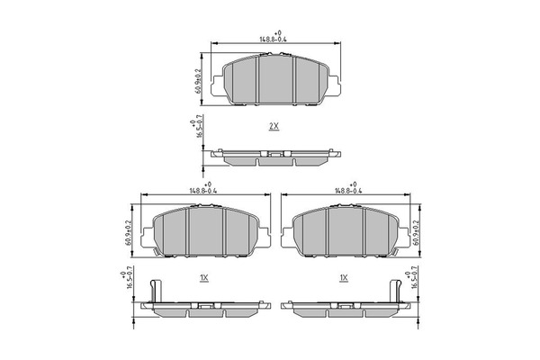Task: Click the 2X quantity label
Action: [274, 126]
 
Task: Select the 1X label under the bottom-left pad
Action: [204, 278]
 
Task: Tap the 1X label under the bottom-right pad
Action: [344, 278]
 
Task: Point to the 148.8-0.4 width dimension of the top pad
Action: [273, 40]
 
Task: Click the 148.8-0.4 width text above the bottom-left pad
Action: [203, 191]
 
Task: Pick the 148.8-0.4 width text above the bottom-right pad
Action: [349, 191]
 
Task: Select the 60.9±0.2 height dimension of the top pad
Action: [198, 81]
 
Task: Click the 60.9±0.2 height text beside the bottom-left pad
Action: [128, 233]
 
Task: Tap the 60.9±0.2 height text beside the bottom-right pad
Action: [416, 233]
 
